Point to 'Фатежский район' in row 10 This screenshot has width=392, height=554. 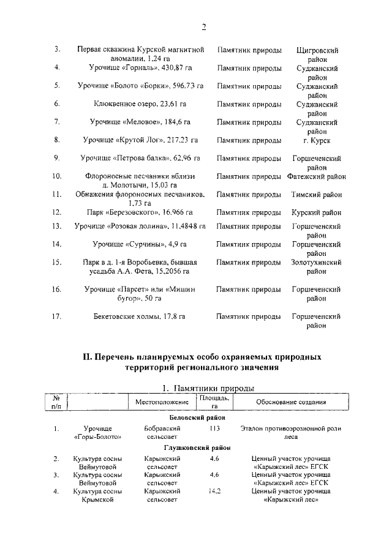[316, 176]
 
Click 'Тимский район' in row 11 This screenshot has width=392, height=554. [316, 195]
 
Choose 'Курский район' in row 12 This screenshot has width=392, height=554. [316, 213]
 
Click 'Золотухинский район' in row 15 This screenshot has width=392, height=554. [316, 266]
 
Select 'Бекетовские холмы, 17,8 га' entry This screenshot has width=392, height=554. [140, 316]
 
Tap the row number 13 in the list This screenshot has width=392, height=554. [57, 226]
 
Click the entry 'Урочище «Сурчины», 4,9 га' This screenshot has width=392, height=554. [140, 244]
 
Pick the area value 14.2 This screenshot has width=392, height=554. [214, 491]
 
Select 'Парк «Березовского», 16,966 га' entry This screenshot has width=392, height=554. [140, 213]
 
